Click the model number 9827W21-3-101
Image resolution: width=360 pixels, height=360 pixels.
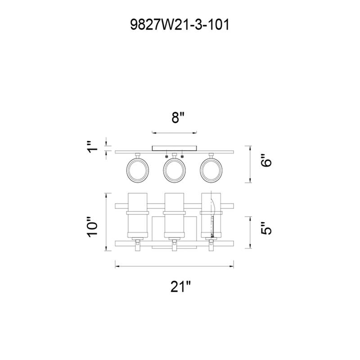pos(180,25)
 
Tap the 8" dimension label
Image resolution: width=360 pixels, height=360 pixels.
pos(178,117)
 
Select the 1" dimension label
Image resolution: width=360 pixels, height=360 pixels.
pos(93,147)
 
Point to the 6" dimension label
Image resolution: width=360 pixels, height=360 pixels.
pos(266,160)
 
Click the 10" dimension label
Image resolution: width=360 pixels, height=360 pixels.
pos(92,226)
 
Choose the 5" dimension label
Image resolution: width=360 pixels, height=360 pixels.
pos(266,228)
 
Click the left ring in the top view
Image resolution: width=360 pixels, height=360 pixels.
pos(138,171)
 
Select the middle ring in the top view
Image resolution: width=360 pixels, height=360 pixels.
pos(174,171)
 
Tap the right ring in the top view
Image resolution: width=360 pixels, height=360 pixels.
pos(211,171)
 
